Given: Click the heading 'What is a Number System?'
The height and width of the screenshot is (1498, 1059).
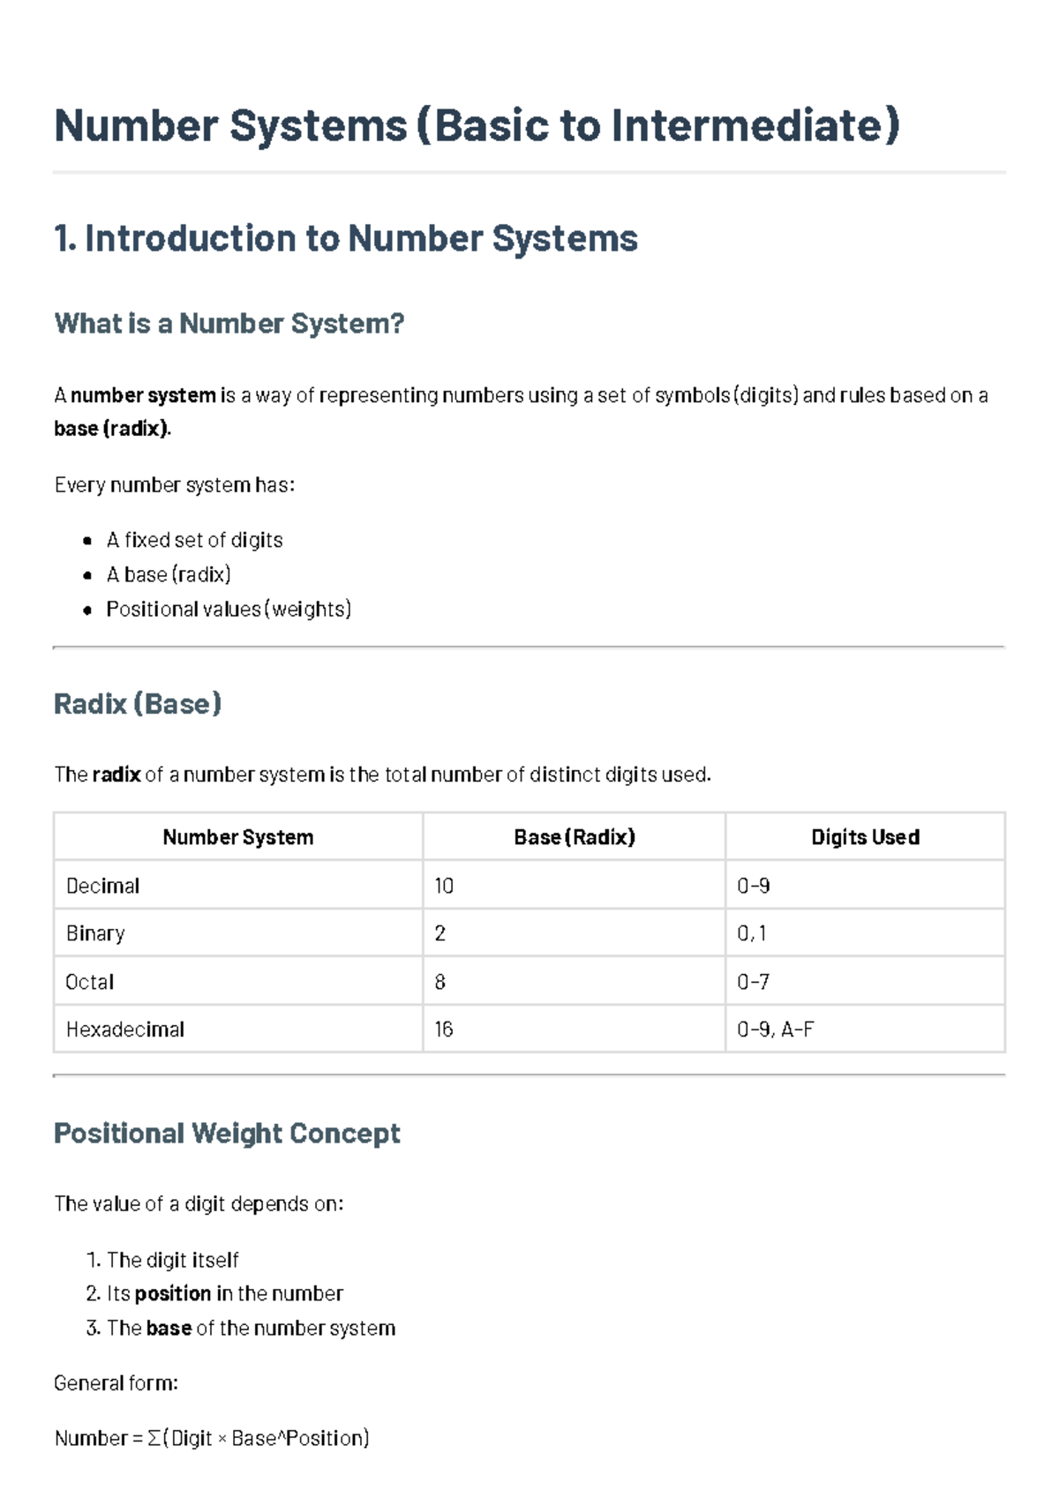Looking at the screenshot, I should point(229,324).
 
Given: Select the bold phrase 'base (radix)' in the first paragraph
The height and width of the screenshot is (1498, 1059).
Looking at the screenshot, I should point(110,429).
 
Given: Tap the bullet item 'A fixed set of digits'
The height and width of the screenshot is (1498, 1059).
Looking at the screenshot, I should point(194,540).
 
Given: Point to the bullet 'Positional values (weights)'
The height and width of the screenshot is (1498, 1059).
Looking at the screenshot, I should point(229,609).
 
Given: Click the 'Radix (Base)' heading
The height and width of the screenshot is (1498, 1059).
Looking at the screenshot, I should point(138,704).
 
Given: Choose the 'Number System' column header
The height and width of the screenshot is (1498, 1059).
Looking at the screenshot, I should point(237,837).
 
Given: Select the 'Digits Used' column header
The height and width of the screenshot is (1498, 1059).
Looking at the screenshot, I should point(865,837).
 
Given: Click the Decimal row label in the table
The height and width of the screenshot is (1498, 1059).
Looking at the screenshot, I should point(102,886).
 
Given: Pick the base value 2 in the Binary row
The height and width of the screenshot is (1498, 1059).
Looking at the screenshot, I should point(440,933).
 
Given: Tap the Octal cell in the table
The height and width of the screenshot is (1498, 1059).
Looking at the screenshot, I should point(90,982).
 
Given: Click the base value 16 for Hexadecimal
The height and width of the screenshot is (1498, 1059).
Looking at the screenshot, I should point(444,1030).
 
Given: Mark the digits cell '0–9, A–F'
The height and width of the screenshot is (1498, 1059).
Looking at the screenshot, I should point(775,1030).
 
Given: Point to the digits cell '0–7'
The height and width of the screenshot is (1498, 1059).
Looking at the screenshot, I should point(753,982).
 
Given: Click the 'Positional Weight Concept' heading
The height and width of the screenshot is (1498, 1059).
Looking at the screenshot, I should point(227,1134).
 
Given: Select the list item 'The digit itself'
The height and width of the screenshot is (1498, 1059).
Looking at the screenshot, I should point(172,1260).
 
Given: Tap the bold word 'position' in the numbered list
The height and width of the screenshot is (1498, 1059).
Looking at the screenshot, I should point(172,1294).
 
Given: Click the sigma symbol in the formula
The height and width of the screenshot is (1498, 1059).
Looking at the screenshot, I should point(154,1439).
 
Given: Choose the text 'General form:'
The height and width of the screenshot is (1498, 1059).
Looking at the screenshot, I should point(116,1383).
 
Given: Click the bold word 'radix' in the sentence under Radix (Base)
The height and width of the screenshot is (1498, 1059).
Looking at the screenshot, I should point(116,775).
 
